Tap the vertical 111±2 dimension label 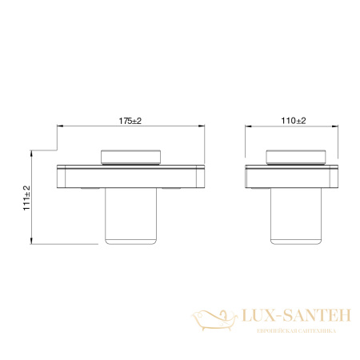26,195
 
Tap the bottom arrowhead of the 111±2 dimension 32,242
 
